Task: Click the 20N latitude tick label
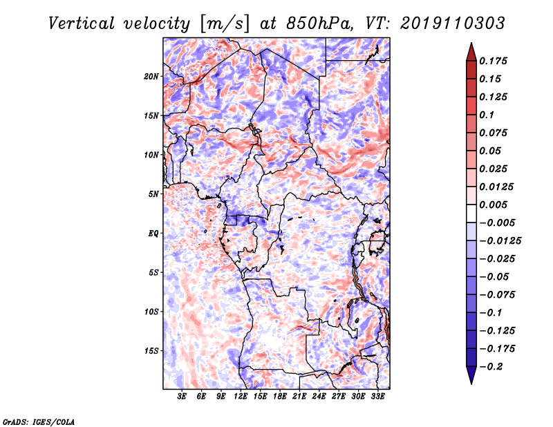pyautogui.click(x=151, y=77)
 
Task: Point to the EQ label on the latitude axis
pyautogui.click(x=153, y=234)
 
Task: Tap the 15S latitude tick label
pyautogui.click(x=151, y=351)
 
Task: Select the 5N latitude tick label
pyautogui.click(x=153, y=194)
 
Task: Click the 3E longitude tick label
pyautogui.click(x=182, y=397)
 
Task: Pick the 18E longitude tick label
pyautogui.click(x=280, y=397)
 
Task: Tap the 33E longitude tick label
pyautogui.click(x=377, y=397)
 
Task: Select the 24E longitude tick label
pyautogui.click(x=319, y=397)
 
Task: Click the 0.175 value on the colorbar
pyautogui.click(x=493, y=61)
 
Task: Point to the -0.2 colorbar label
pyautogui.click(x=491, y=367)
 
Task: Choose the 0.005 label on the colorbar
pyautogui.click(x=493, y=205)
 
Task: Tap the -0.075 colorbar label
pyautogui.click(x=497, y=295)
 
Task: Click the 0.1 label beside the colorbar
pyautogui.click(x=487, y=115)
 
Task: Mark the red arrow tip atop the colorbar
pyautogui.click(x=471, y=44)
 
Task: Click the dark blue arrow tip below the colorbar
pyautogui.click(x=471, y=383)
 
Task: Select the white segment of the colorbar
pyautogui.click(x=471, y=213)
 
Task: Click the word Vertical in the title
pyautogui.click(x=82, y=23)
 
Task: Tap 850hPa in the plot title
pyautogui.click(x=319, y=23)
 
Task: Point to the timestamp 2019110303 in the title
pyautogui.click(x=453, y=23)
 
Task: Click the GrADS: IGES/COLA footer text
pyautogui.click(x=39, y=421)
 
